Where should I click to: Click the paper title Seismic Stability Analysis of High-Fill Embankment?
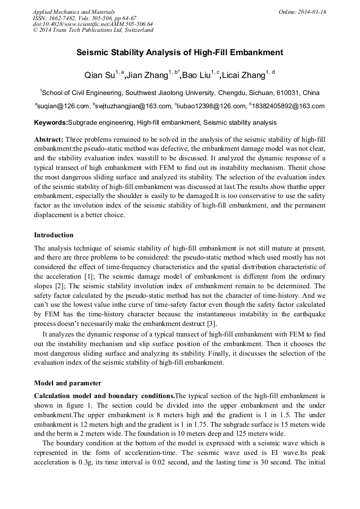180,53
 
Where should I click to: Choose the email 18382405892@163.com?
287,106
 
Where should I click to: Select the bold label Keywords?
51,123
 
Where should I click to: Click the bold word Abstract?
48,139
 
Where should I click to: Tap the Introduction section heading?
54,235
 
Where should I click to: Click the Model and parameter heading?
67,383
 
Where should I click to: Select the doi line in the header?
93,24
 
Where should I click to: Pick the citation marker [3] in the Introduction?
210,324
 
